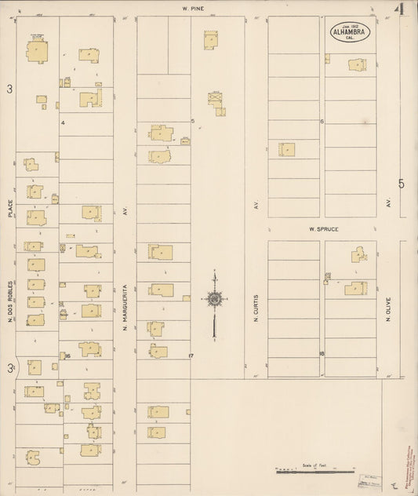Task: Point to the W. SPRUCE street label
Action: pyautogui.click(x=322, y=228)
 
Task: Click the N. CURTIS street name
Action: pyautogui.click(x=256, y=309)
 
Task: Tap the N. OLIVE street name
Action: pyautogui.click(x=388, y=308)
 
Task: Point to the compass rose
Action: pyautogui.click(x=214, y=298)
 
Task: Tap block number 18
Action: pyautogui.click(x=322, y=355)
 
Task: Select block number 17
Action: pyautogui.click(x=191, y=356)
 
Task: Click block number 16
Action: pyautogui.click(x=68, y=356)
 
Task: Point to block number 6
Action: pyautogui.click(x=322, y=122)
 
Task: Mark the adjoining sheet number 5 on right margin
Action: pyautogui.click(x=401, y=184)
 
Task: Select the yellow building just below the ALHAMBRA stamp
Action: pyautogui.click(x=358, y=65)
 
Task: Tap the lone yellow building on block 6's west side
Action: pyautogui.click(x=288, y=149)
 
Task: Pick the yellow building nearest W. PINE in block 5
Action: pyautogui.click(x=210, y=40)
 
